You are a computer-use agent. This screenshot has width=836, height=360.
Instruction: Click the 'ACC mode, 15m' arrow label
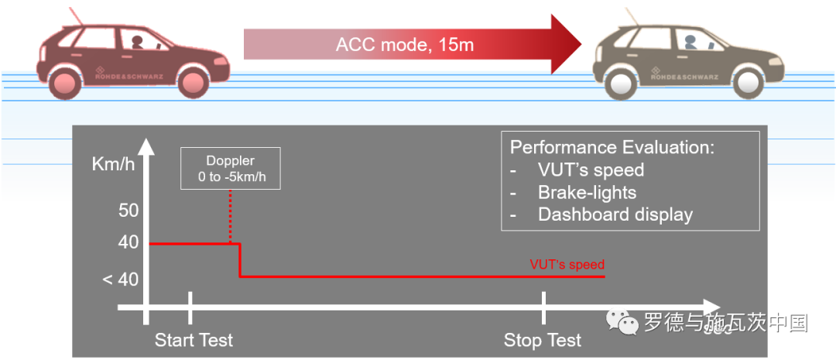404,44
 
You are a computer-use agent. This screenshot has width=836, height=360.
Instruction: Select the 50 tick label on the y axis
128,210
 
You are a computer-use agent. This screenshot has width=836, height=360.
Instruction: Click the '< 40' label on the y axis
120,279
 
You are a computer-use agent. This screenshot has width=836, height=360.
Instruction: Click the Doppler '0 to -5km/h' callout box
230,169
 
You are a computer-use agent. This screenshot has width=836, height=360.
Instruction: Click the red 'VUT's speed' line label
567,265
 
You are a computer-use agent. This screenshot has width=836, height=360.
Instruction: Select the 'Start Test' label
194,340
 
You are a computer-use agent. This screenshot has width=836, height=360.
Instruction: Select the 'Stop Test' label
542,340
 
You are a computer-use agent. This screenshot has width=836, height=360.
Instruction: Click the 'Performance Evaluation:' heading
612,147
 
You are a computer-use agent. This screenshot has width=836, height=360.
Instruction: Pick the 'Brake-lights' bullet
587,192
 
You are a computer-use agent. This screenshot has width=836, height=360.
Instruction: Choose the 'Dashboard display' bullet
615,214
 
